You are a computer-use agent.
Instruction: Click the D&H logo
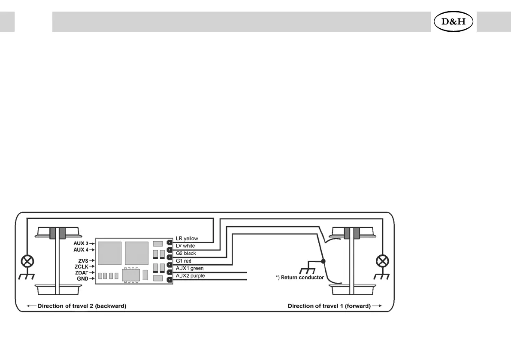click(454, 21)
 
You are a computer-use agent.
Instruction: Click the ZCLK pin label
click(81, 266)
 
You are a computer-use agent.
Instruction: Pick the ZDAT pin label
click(81, 272)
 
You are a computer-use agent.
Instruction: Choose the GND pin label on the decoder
click(82, 278)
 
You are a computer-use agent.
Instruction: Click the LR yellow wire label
click(187, 239)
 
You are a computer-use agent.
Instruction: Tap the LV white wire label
click(185, 246)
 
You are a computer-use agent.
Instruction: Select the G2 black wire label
click(186, 253)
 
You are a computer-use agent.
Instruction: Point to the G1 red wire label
click(184, 260)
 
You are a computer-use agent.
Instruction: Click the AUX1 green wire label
click(190, 268)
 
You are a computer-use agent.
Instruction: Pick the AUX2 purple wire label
click(190, 276)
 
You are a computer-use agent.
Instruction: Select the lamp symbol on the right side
click(381, 261)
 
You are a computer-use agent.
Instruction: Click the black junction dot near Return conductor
click(323, 261)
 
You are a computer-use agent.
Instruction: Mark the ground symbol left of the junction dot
click(306, 270)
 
